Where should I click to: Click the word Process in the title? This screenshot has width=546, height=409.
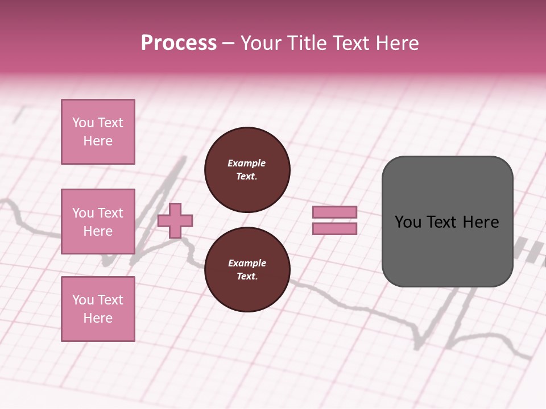(179, 43)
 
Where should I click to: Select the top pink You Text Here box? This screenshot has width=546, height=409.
(98, 132)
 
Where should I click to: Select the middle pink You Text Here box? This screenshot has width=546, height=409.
(98, 222)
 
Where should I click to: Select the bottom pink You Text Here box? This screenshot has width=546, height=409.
(98, 309)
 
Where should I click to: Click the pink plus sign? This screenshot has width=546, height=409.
(175, 220)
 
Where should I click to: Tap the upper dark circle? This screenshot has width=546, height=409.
(247, 170)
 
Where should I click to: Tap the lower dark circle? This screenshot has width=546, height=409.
(247, 270)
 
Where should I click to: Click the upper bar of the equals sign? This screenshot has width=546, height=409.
(334, 212)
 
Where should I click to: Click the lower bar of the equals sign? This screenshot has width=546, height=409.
(334, 229)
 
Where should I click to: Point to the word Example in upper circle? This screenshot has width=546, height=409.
(247, 163)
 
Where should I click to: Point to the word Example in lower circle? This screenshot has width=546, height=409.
(247, 263)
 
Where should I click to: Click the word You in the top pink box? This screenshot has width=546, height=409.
(82, 123)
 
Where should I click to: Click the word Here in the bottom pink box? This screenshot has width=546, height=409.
(98, 318)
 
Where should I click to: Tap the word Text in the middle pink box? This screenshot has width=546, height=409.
(110, 213)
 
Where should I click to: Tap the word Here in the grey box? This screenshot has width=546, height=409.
(481, 222)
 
